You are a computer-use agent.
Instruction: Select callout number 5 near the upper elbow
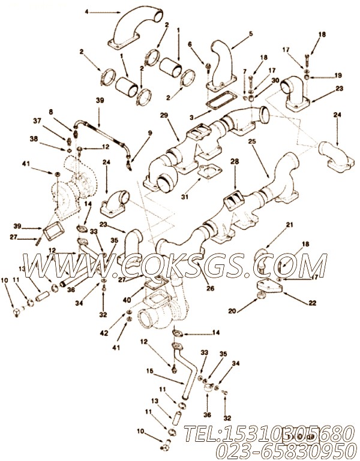point(234,34)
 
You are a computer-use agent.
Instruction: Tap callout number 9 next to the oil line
point(150,132)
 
